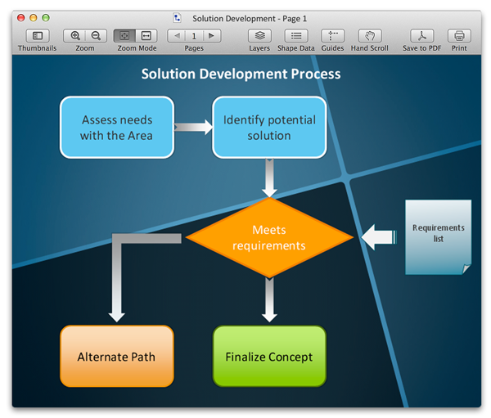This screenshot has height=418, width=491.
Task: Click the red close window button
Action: [20, 18]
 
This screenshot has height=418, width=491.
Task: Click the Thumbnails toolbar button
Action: [38, 36]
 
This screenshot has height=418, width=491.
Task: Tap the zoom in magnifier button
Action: [75, 36]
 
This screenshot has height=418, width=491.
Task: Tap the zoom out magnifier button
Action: [96, 36]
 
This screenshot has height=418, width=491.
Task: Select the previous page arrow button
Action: [177, 36]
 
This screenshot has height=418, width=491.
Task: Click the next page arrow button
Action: [211, 36]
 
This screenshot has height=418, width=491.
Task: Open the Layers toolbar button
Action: [259, 36]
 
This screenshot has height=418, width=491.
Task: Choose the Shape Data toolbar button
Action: [295, 36]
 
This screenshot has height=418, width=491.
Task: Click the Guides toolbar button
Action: [332, 36]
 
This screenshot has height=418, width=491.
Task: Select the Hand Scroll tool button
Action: [369, 36]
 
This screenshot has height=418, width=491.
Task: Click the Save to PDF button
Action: [421, 36]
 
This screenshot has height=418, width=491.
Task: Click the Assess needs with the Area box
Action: [117, 127]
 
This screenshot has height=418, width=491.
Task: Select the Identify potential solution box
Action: [269, 127]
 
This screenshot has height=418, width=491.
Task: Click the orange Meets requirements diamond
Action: [269, 238]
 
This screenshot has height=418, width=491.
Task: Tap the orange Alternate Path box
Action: [117, 356]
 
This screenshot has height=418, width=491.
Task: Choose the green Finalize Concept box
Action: [269, 356]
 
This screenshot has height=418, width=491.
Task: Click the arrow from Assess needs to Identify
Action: [193, 128]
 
